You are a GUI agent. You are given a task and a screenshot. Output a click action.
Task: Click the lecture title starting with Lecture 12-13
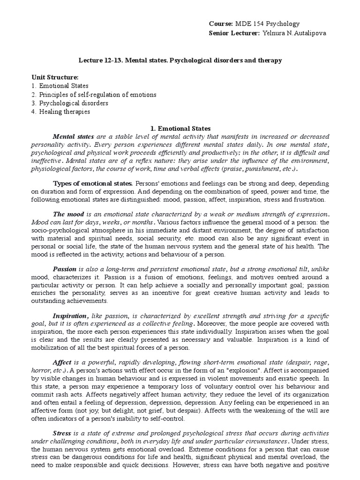(x=180, y=61)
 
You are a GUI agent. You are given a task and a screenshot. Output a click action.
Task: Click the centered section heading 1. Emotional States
(x=180, y=128)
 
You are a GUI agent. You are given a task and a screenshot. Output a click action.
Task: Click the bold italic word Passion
(x=65, y=270)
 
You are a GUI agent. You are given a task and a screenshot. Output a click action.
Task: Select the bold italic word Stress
(x=63, y=433)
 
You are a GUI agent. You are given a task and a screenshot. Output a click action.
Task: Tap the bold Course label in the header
(x=220, y=24)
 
